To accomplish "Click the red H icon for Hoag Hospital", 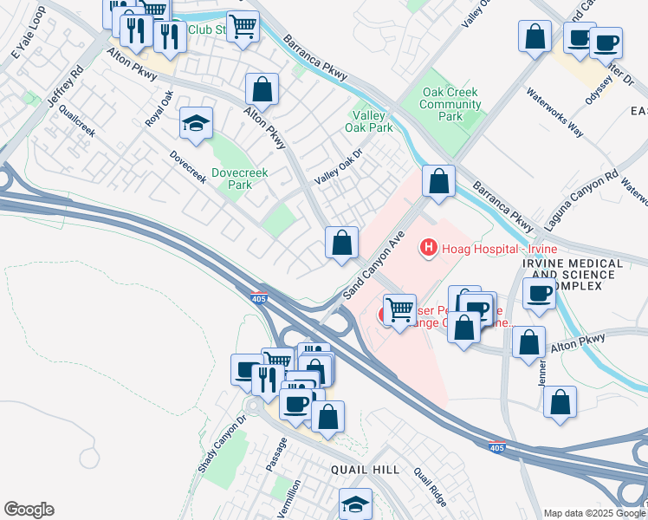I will click(427, 249).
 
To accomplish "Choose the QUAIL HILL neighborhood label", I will click(365, 470).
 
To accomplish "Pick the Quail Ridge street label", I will click(430, 489).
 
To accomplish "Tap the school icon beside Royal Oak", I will click(197, 123).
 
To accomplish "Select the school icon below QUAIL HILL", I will click(355, 502).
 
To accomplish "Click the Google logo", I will click(29, 510).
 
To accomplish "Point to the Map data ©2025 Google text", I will click(588, 513).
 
